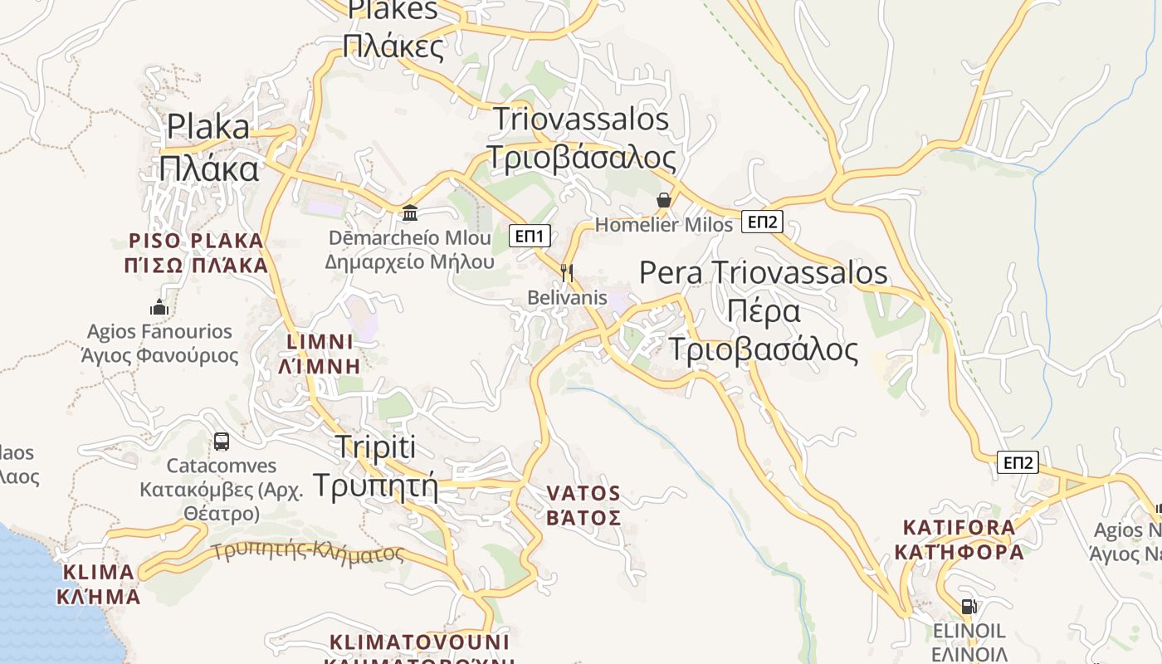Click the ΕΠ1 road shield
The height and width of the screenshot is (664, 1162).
pyautogui.click(x=529, y=237)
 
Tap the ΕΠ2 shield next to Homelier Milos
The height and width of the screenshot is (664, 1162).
pyautogui.click(x=762, y=222)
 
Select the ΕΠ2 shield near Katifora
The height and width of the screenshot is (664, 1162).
pyautogui.click(x=1018, y=463)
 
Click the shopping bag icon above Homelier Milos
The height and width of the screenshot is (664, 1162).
pyautogui.click(x=664, y=200)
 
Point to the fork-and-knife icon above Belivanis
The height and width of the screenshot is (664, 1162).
pyautogui.click(x=568, y=272)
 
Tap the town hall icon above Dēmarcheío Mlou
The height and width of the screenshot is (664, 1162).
pyautogui.click(x=409, y=213)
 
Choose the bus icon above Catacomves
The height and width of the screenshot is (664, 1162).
pyautogui.click(x=221, y=442)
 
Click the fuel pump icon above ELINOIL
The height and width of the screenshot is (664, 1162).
pyautogui.click(x=968, y=607)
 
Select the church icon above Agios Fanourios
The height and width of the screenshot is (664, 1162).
pyautogui.click(x=159, y=308)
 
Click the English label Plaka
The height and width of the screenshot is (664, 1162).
pyautogui.click(x=208, y=127)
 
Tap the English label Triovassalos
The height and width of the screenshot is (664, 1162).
pyautogui.click(x=581, y=119)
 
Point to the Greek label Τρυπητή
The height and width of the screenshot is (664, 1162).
pyautogui.click(x=374, y=483)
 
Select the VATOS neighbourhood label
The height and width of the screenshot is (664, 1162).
pyautogui.click(x=583, y=494)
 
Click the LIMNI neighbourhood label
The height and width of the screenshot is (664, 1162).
pyautogui.click(x=320, y=342)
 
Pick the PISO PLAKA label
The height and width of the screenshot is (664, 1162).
pyautogui.click(x=196, y=241)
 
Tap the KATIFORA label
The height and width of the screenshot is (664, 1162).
pyautogui.click(x=959, y=527)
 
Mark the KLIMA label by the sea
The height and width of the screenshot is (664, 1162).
pyautogui.click(x=98, y=572)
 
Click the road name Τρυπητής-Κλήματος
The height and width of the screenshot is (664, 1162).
pyautogui.click(x=307, y=551)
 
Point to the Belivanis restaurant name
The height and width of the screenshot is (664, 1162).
pyautogui.click(x=568, y=297)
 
